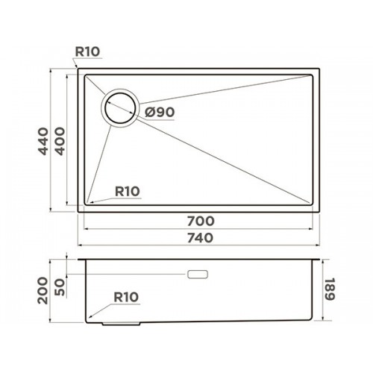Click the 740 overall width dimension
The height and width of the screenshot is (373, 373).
(200, 238)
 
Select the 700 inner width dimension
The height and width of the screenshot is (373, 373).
(201, 221)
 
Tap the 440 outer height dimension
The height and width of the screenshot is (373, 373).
(43, 141)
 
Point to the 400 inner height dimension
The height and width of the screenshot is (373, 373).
(60, 141)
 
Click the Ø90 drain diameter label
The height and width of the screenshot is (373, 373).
(160, 113)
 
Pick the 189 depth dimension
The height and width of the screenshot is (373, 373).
(330, 289)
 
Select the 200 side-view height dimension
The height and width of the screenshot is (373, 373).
(43, 290)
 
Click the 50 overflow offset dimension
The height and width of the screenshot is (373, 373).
(60, 287)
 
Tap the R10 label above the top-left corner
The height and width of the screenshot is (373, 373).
(87, 51)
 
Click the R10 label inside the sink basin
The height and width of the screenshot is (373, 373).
(128, 192)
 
